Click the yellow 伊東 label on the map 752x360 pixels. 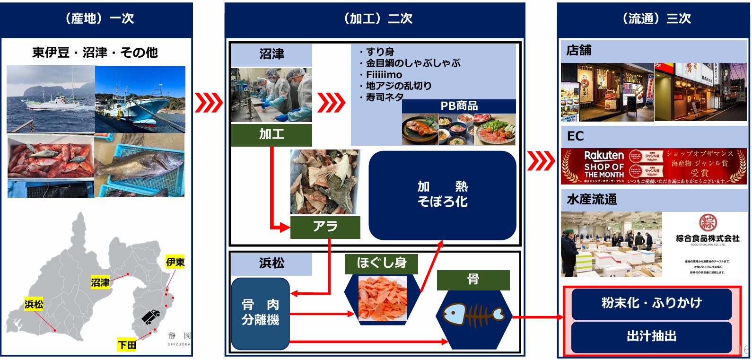[175, 262]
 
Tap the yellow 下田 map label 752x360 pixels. [127, 345]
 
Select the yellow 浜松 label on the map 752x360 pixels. [34, 304]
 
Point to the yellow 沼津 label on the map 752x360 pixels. [100, 282]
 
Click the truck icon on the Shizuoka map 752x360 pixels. [151, 316]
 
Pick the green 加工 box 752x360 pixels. [271, 135]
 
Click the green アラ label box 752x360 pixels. [325, 227]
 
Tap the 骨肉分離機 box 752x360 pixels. [260, 313]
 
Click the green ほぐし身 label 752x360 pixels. [382, 263]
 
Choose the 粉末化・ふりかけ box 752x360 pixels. [651, 303]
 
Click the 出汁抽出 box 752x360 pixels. [651, 336]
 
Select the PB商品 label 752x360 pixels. [459, 106]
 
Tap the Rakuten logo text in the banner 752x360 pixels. [604, 156]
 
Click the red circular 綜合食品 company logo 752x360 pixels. [708, 222]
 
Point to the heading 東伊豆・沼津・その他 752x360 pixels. [95, 53]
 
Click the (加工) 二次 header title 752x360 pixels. [378, 18]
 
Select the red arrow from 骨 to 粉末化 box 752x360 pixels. [537, 317]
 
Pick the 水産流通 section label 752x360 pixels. [592, 200]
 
